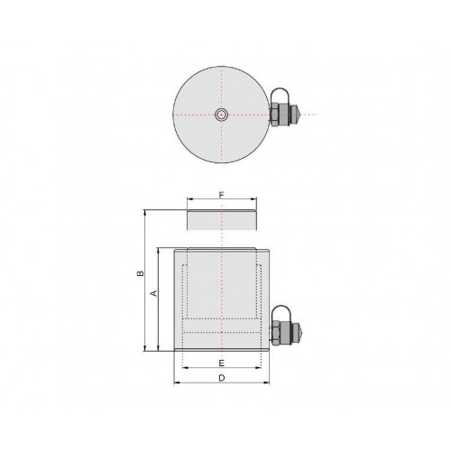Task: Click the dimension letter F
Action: tap(222, 195)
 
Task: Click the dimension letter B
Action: tap(141, 273)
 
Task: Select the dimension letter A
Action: tap(153, 293)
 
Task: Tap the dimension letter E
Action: tap(222, 364)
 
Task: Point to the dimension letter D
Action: tap(222, 378)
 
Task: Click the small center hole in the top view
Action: tap(222, 115)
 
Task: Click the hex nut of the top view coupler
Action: tap(274, 115)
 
